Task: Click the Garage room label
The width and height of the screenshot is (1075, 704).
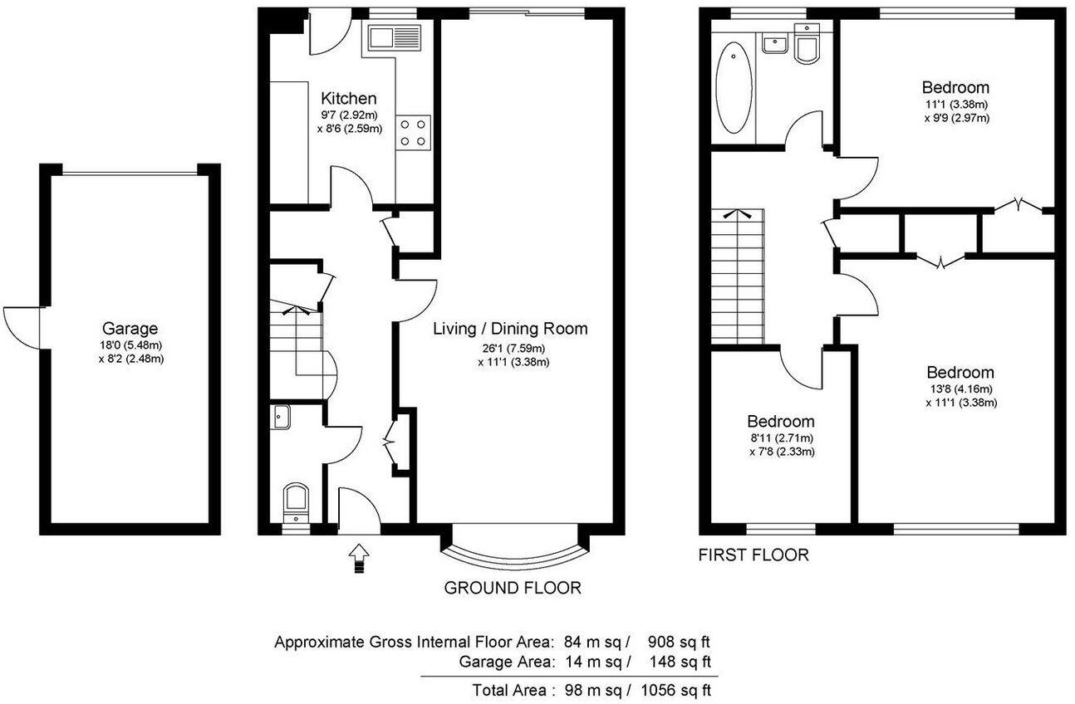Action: pos(130,328)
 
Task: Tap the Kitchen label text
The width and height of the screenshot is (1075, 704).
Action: pos(349,98)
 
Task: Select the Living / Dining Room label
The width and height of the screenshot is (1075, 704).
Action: pos(510,328)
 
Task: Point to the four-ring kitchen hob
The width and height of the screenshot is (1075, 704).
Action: pos(415,130)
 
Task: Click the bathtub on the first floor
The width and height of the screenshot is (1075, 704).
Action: pos(734,83)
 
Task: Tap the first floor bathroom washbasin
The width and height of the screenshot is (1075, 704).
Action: pos(775,42)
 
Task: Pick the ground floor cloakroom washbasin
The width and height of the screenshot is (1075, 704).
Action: pos(280,417)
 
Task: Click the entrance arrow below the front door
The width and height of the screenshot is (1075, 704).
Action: pos(359,558)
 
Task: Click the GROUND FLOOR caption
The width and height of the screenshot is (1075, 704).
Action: pos(512,588)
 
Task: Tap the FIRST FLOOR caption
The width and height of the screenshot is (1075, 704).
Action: pos(753,555)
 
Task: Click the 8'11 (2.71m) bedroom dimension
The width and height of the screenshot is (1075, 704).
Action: pos(780,438)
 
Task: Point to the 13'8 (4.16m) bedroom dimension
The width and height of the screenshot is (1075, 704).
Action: pos(960,389)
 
